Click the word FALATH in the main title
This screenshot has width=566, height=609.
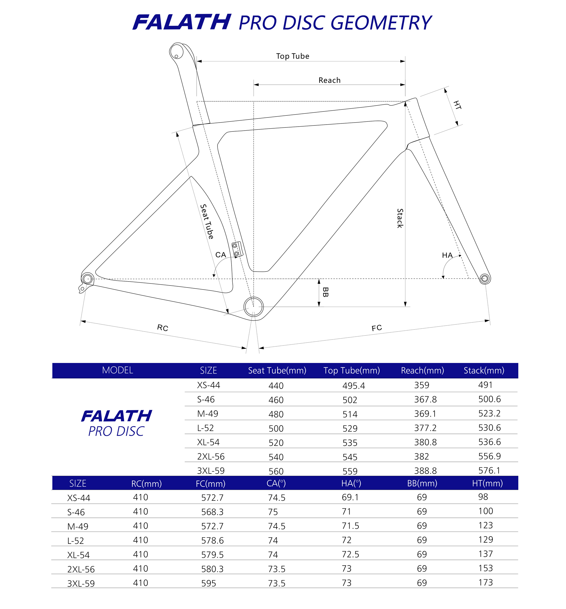182,22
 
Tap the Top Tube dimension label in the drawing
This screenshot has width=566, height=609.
292,56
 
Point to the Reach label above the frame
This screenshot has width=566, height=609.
329,80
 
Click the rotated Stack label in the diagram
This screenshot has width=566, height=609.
400,218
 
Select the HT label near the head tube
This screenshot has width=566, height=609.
457,105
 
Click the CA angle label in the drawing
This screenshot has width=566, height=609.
220,255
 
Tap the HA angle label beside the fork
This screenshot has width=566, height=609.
447,255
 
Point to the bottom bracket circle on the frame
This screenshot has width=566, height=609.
254,306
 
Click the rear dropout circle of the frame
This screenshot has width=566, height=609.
87,279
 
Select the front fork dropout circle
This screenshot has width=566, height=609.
485,278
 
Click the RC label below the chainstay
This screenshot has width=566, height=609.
163,328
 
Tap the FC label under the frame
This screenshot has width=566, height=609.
377,328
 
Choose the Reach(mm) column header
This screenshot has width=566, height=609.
422,370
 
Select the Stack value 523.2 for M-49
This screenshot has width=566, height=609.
489,413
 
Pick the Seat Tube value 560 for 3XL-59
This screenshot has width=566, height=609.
276,471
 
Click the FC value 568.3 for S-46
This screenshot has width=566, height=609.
212,512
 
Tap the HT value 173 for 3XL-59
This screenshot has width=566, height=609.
485,582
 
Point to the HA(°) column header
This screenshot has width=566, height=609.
351,483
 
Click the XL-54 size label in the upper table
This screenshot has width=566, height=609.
208,442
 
